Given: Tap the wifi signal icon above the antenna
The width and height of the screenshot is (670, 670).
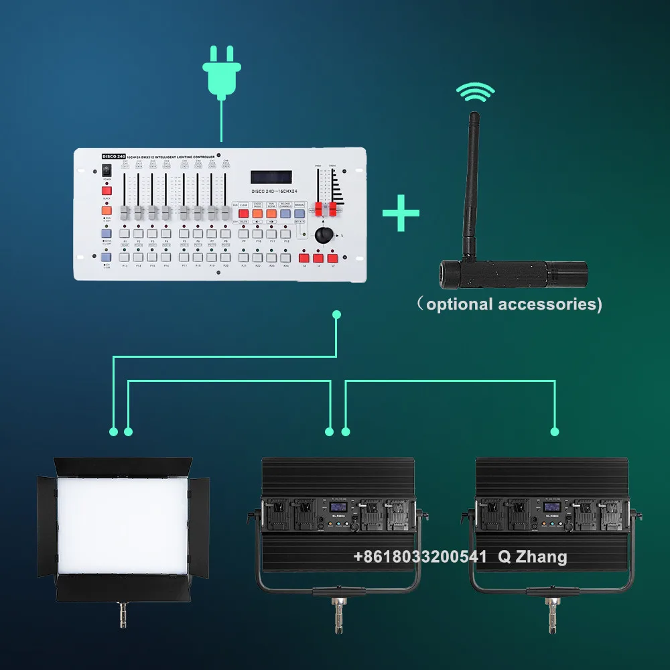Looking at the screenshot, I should tap(476, 93).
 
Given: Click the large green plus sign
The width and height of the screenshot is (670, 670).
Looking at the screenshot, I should tap(401, 213).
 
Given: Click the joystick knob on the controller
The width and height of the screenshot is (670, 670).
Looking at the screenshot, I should tap(324, 234).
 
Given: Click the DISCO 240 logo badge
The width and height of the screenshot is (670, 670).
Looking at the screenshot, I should tap(113, 156).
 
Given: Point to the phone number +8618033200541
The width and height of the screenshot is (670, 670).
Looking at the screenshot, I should tap(421, 557).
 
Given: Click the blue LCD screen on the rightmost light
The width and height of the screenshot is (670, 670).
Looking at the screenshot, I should tap(552, 507).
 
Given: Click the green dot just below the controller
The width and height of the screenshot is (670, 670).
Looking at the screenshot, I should tap(336, 314).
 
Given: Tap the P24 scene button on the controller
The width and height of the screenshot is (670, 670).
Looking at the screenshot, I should tap(285, 257).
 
